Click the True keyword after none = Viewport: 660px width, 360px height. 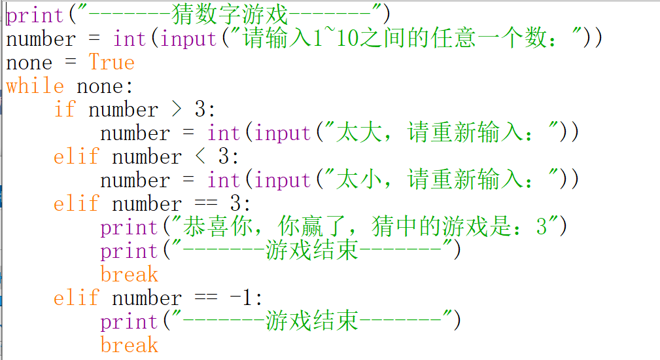pos(111,63)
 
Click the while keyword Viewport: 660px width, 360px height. pos(35,86)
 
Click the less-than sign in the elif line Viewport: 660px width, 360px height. pos(200,157)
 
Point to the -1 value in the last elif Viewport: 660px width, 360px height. pos(241,298)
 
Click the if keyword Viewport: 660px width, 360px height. pos(65,110)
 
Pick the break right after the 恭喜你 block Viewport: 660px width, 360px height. pos(129,275)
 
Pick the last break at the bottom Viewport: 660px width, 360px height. pos(129,346)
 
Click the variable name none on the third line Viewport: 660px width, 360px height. pos(29,63)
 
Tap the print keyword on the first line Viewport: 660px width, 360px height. pos(35,15)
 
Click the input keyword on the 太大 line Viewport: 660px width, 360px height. pos(283,134)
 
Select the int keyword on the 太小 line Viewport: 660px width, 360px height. pos(224,181)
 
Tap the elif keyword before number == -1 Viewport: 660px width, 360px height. pos(77,298)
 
